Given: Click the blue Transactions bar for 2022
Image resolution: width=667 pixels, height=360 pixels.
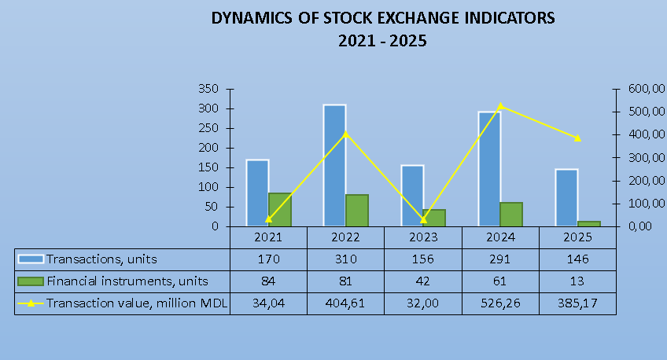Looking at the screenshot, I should click(334, 165).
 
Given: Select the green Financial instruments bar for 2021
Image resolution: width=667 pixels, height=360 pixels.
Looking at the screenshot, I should click(280, 210).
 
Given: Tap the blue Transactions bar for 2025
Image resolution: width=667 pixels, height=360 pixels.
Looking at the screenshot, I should click(566, 197).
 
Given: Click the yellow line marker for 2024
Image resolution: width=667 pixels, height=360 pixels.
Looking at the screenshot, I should click(500, 106).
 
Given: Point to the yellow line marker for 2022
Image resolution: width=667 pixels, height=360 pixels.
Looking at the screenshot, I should click(345, 134).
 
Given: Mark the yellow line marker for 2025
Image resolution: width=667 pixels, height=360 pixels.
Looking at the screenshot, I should click(577, 138).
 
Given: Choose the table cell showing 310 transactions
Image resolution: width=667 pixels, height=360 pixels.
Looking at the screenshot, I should click(345, 259).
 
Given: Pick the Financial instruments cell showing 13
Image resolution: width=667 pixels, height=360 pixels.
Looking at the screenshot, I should click(577, 281).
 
